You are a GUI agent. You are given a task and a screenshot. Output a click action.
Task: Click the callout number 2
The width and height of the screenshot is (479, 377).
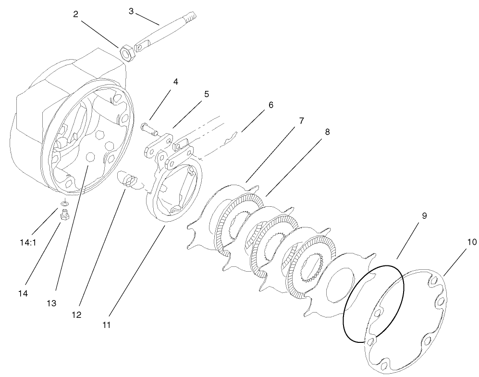tap(75, 14)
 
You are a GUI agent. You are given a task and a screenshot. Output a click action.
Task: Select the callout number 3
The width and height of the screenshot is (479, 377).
tap(131, 11)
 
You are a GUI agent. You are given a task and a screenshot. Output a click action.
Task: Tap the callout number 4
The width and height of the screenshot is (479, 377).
tap(176, 82)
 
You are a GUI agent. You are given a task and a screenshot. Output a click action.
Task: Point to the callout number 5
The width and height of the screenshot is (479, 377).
tap(206, 94)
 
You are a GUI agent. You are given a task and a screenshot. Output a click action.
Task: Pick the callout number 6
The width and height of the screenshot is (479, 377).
tap(270, 105)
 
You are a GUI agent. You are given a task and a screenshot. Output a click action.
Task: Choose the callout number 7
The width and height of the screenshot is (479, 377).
tap(301, 121)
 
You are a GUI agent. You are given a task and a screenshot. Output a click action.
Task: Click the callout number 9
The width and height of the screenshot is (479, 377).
tap(424, 216)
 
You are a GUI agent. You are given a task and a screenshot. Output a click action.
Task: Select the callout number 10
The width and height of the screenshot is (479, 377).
tap(472, 242)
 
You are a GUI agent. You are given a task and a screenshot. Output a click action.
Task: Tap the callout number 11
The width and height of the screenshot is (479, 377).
tap(106, 325)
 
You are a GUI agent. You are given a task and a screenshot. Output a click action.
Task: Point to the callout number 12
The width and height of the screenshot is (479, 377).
tap(76, 315)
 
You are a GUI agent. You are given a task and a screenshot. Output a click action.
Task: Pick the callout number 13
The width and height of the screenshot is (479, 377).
tap(51, 303)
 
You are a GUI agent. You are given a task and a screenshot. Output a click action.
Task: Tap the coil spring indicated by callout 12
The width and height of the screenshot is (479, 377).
tap(128, 181)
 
